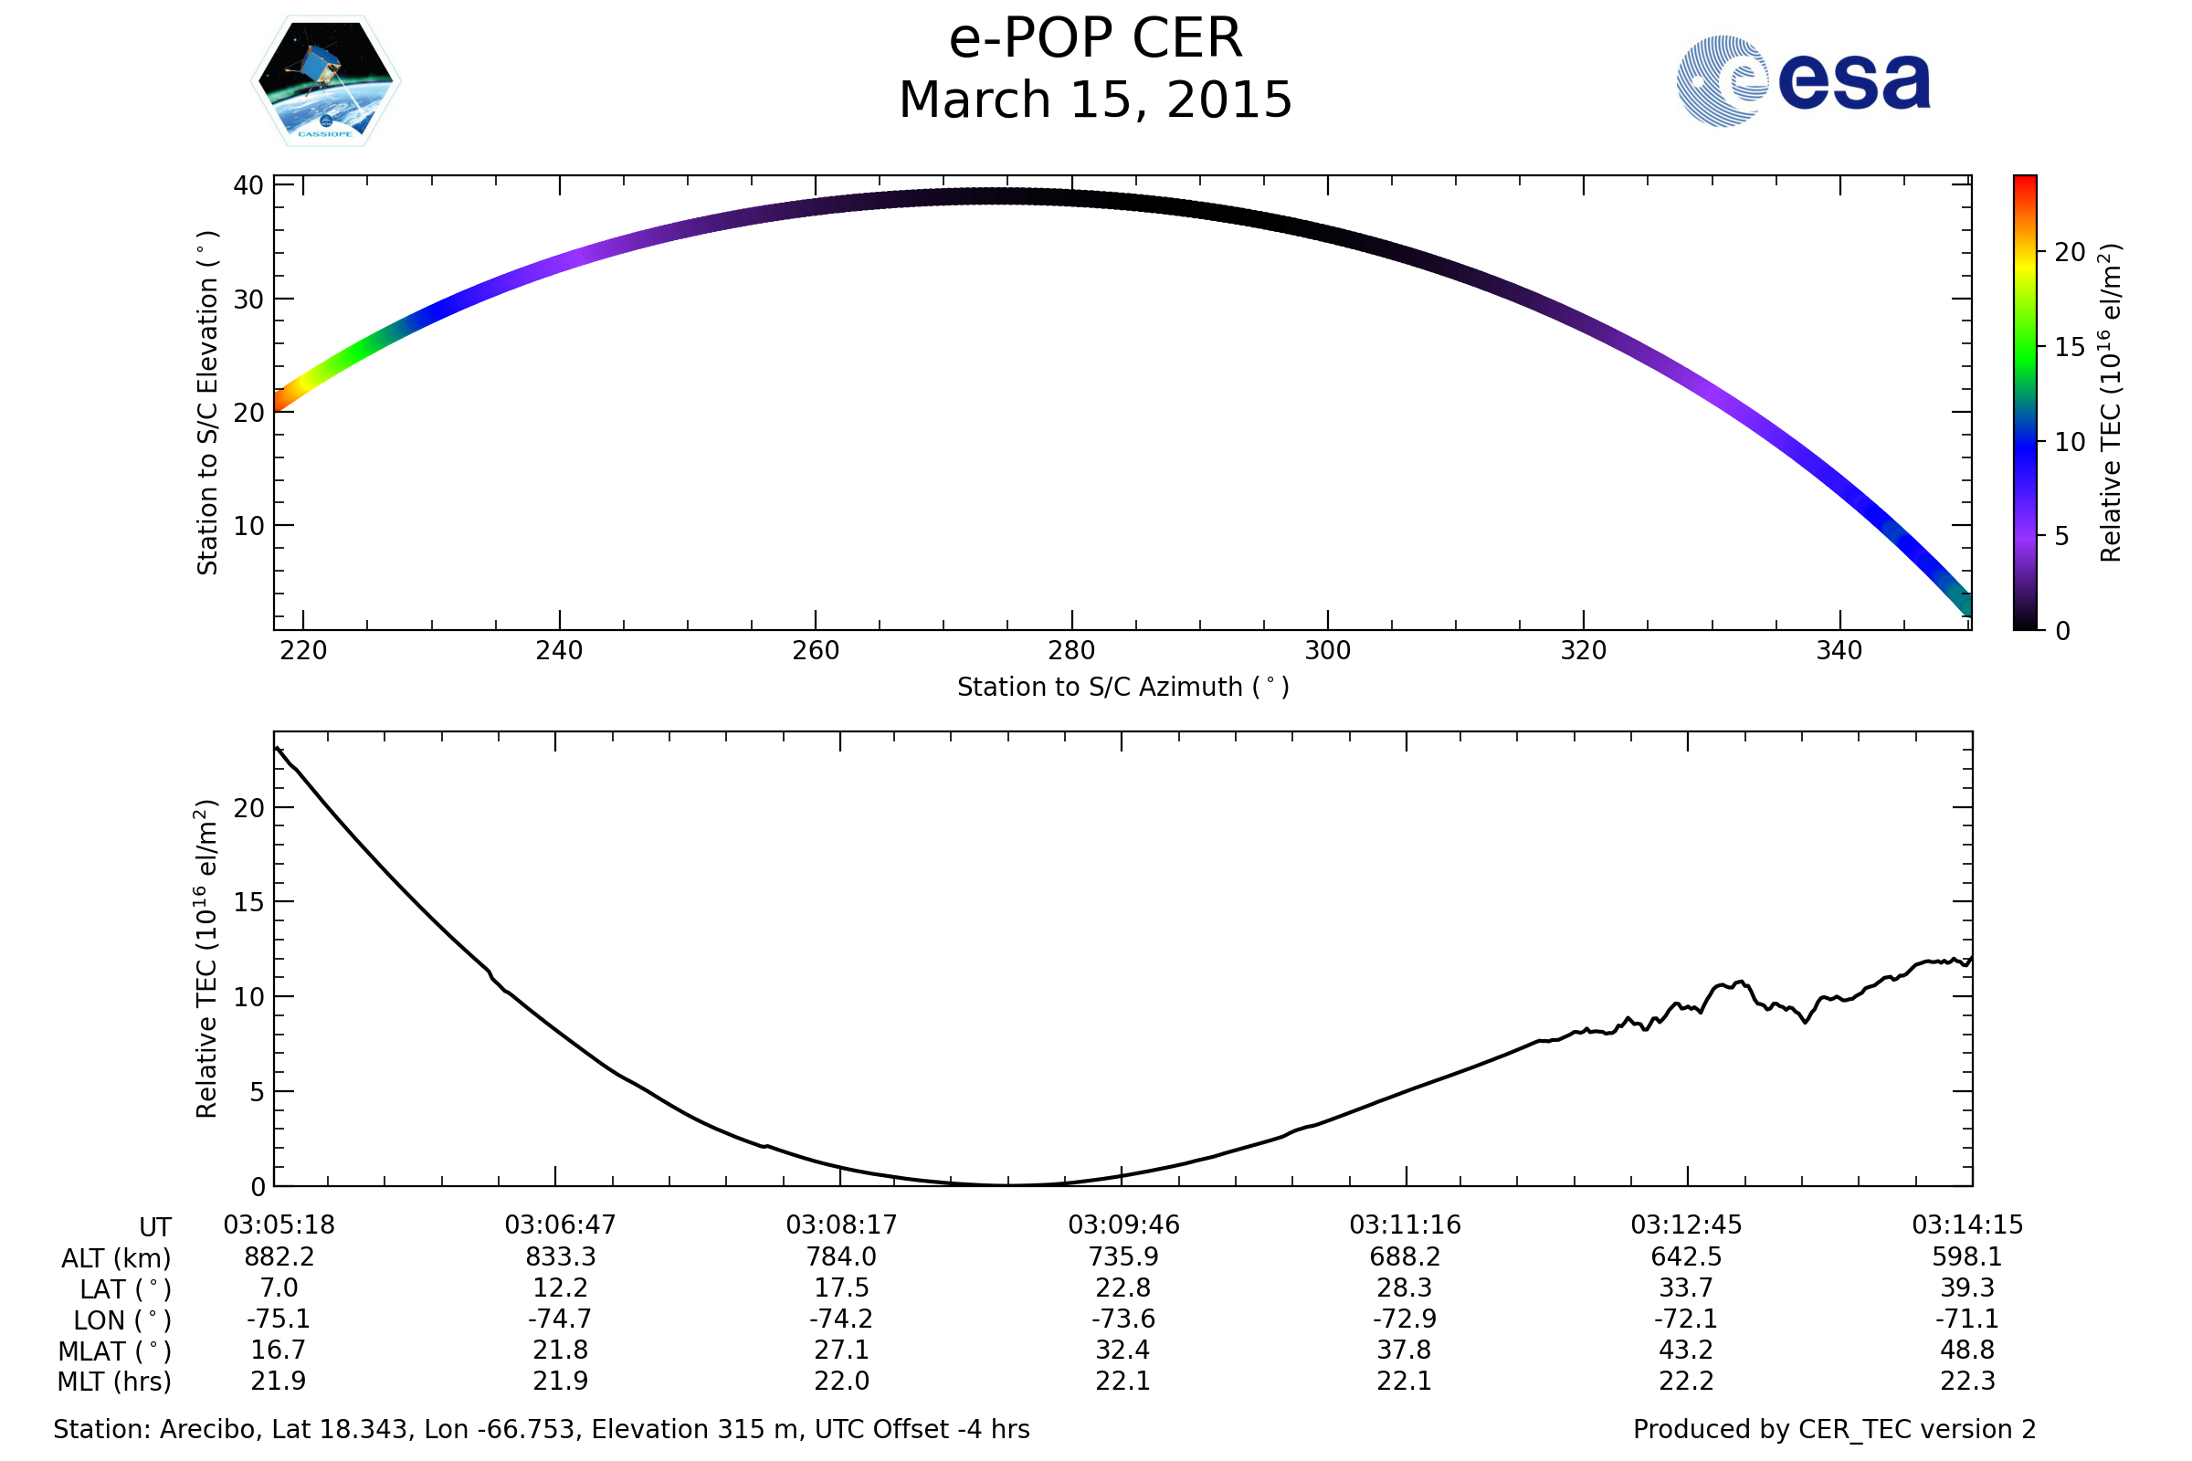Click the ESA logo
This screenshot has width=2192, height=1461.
pos(1802,81)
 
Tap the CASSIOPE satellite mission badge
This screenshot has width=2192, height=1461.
pos(325,81)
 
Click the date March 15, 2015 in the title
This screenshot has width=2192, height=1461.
pos(1095,100)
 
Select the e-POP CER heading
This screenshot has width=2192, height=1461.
pos(1095,39)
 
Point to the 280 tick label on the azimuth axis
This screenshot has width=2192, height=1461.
pos(1070,650)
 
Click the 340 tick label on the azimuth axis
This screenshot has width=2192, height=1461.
pos(1839,650)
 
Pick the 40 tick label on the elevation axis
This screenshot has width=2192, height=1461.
pos(248,185)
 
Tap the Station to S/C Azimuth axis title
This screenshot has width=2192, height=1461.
pos(1123,688)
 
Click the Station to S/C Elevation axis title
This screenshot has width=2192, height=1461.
pos(207,403)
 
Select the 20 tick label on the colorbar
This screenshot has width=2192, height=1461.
pos(2070,253)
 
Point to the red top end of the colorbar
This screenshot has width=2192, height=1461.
pos(2024,181)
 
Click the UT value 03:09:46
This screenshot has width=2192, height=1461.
pos(1123,1225)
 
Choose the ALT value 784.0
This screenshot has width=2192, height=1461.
pos(840,1257)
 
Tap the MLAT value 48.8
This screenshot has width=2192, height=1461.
pos(1966,1351)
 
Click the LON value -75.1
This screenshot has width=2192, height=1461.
pos(278,1319)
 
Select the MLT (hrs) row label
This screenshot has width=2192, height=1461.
pos(115,1382)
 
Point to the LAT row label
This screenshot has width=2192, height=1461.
pos(125,1289)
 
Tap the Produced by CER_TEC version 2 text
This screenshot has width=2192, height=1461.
pos(1834,1429)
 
